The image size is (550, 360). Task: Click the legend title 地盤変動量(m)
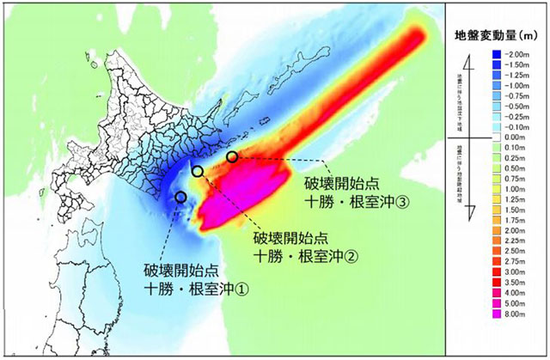[500, 37]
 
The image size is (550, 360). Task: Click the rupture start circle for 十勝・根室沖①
[180, 198]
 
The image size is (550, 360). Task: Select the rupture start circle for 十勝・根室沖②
[199, 172]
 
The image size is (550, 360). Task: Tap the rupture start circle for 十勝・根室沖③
[232, 156]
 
